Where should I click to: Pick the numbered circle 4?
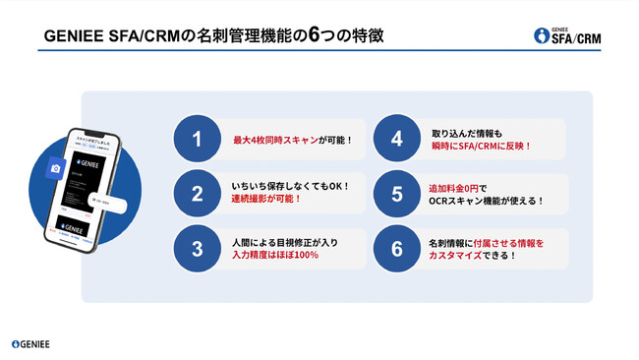point(396,140)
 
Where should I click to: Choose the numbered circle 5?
point(396,194)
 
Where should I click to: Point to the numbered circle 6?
point(396,248)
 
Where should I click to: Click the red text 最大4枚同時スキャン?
point(275,141)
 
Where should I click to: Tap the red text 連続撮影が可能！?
point(267,200)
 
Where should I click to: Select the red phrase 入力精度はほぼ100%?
point(274,255)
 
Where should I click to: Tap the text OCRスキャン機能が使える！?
point(487,201)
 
